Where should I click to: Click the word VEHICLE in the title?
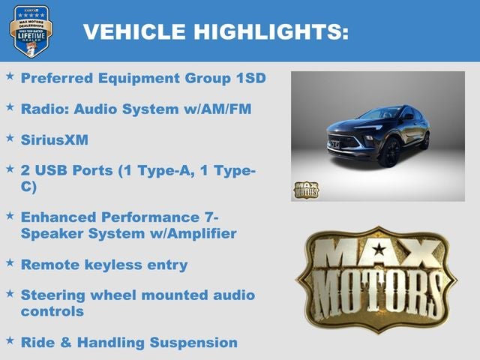(134, 31)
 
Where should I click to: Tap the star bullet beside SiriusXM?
(10, 138)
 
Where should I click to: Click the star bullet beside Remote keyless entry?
(10, 263)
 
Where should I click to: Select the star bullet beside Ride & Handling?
(10, 340)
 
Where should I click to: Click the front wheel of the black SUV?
(390, 151)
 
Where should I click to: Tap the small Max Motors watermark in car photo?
(305, 190)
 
